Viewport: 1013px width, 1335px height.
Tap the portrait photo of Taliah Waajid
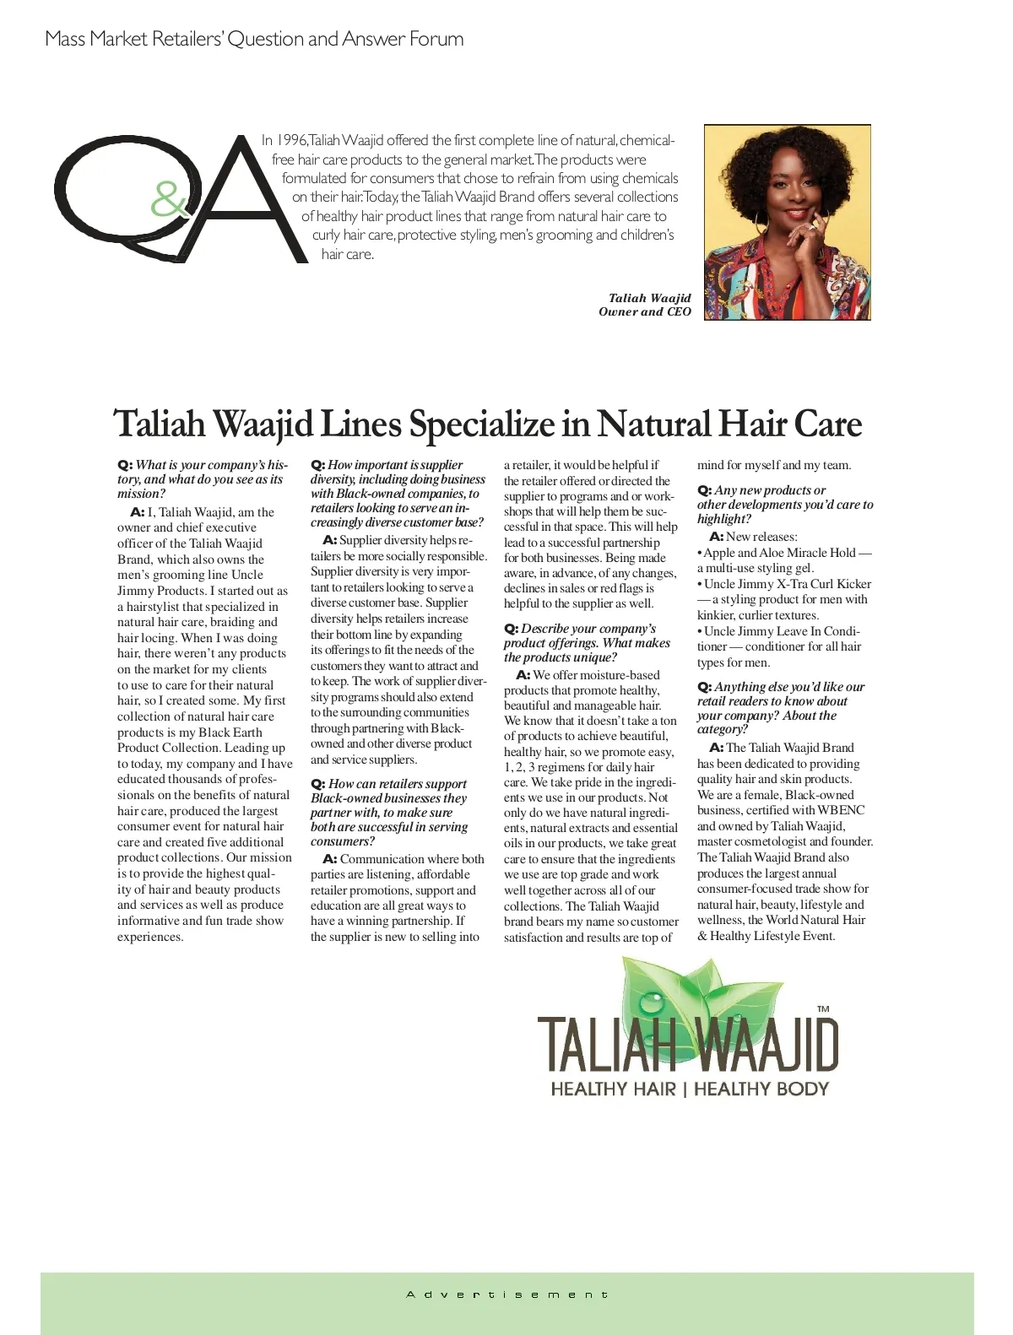point(787,223)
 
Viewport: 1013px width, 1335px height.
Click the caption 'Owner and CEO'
point(644,311)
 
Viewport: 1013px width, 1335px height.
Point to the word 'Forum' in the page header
point(436,39)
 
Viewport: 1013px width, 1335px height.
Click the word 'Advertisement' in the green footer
point(506,1294)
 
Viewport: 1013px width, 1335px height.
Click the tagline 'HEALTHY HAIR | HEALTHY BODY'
point(690,1089)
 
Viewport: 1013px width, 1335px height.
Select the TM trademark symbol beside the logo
point(823,1008)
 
